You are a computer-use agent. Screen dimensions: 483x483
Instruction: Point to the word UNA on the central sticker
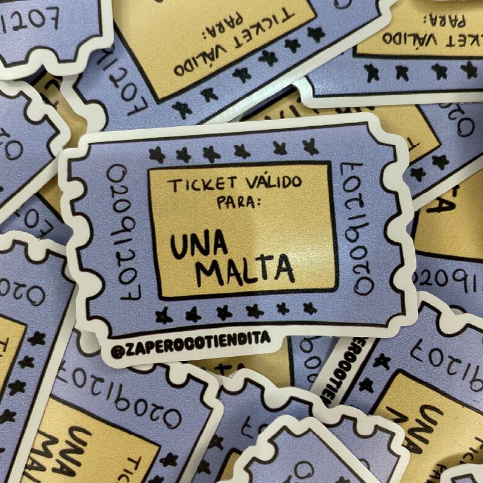(199, 246)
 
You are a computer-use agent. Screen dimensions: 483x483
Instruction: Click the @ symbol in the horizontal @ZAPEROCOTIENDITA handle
(117, 351)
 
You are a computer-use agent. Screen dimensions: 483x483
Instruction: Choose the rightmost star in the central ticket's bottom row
(310, 309)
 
